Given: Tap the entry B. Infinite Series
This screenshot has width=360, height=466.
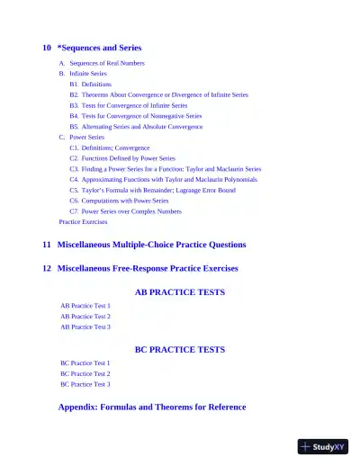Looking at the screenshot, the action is [88, 74].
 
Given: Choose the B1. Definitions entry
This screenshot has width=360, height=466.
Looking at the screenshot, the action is [91, 84].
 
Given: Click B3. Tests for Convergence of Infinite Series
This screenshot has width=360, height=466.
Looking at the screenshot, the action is [135, 105].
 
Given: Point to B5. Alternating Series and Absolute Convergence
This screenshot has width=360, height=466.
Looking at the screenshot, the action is [136, 127].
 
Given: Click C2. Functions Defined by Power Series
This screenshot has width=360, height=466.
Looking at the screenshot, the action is [122, 158].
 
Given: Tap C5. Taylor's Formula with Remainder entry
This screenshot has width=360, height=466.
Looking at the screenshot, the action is [152, 191].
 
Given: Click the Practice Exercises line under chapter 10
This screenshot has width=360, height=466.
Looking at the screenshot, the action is [83, 221].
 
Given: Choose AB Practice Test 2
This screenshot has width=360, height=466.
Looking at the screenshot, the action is [85, 317].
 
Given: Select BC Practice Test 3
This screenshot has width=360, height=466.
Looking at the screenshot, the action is [85, 384].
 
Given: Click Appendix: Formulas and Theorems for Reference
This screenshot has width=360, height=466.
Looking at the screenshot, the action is [152, 407].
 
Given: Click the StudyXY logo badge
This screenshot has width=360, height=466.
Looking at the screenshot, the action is [323, 445].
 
